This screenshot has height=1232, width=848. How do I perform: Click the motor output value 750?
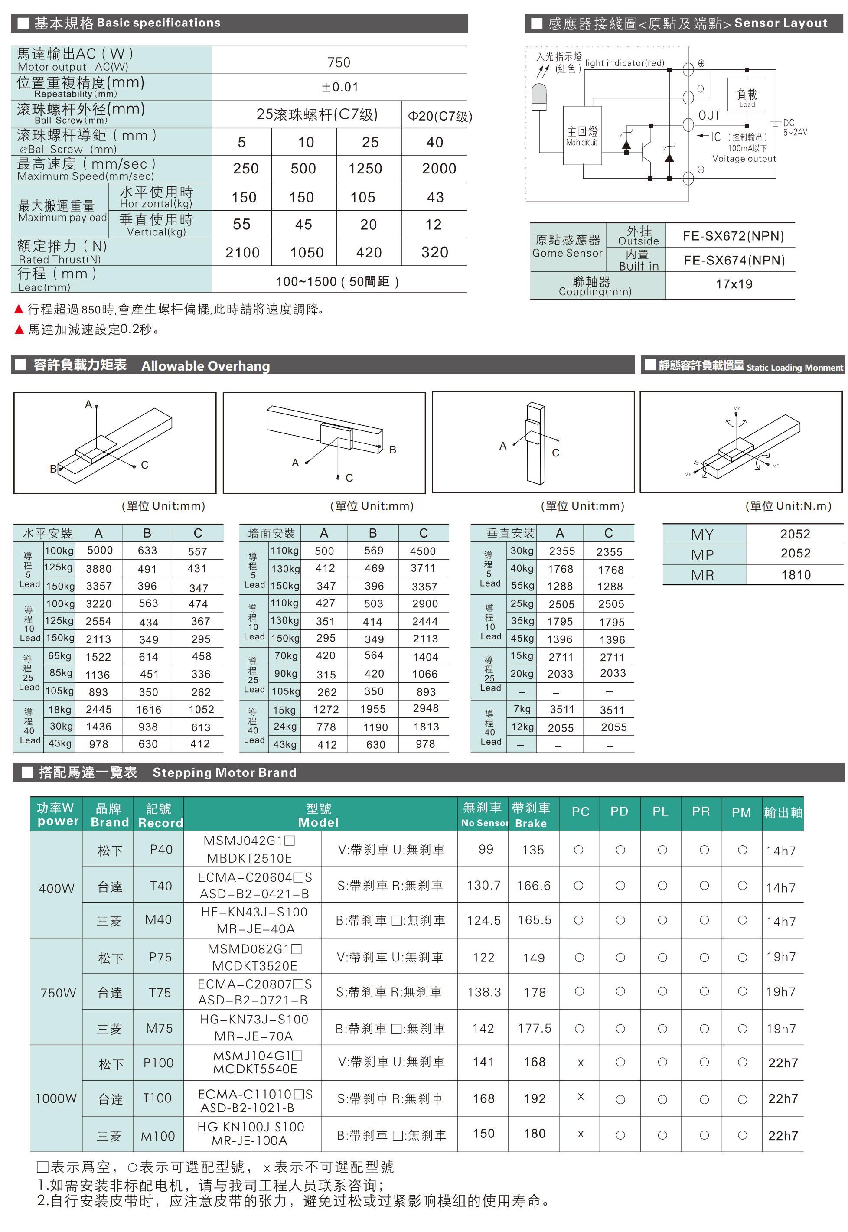(x=339, y=63)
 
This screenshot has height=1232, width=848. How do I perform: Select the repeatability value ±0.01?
(x=339, y=87)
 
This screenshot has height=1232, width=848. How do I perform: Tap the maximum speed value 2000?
(x=439, y=169)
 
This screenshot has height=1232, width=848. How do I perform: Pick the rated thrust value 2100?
(x=242, y=252)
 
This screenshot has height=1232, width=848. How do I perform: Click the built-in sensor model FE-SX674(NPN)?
(x=734, y=261)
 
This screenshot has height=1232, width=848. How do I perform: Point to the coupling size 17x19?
(x=734, y=284)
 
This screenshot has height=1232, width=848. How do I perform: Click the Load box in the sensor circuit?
(x=747, y=96)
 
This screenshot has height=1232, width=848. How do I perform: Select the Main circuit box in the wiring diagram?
(x=582, y=136)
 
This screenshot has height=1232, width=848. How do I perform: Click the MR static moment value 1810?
(x=796, y=575)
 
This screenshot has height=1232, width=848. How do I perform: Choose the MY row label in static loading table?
(x=702, y=535)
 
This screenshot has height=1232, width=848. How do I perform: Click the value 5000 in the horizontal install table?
(x=100, y=551)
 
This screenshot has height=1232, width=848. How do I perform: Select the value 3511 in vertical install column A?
(x=561, y=710)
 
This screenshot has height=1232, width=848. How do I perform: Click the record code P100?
(x=158, y=1063)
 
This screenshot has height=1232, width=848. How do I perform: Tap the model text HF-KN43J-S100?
(x=254, y=912)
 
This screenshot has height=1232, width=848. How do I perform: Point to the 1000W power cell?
(x=56, y=1098)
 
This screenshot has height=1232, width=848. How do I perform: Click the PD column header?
(x=619, y=812)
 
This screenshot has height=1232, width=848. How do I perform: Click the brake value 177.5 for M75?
(x=535, y=1029)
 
